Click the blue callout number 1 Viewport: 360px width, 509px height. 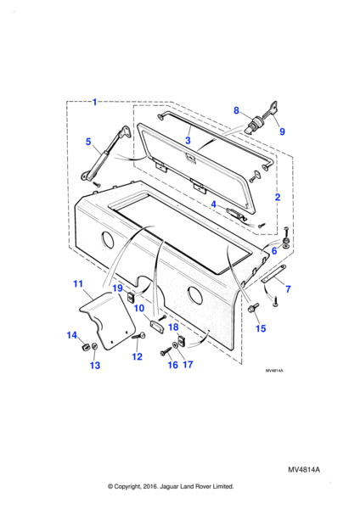point(94,103)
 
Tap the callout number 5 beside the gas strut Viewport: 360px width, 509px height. point(88,143)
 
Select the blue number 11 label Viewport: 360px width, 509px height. point(78,284)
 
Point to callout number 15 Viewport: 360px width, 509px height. point(261,328)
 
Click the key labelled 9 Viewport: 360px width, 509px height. point(272,109)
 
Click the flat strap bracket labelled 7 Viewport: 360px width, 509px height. point(274,275)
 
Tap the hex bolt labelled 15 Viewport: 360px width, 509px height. point(253,307)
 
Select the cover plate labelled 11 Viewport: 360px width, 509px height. point(107,320)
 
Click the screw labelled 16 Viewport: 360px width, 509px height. point(165,351)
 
